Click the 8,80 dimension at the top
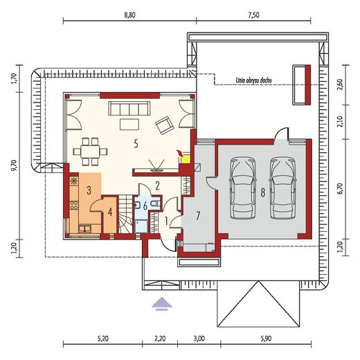129,15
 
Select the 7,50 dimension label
253,15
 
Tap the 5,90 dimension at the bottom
266,339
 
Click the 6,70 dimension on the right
341,189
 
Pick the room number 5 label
136,144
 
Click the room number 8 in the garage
263,192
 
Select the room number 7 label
198,216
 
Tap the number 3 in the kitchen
89,190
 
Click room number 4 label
110,212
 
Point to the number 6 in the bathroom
145,206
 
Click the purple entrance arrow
162,304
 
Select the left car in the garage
242,188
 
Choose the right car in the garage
282,188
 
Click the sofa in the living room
129,108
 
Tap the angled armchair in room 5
165,125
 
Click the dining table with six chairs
90,152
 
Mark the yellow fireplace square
186,160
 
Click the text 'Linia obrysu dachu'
253,80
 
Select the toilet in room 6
155,204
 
